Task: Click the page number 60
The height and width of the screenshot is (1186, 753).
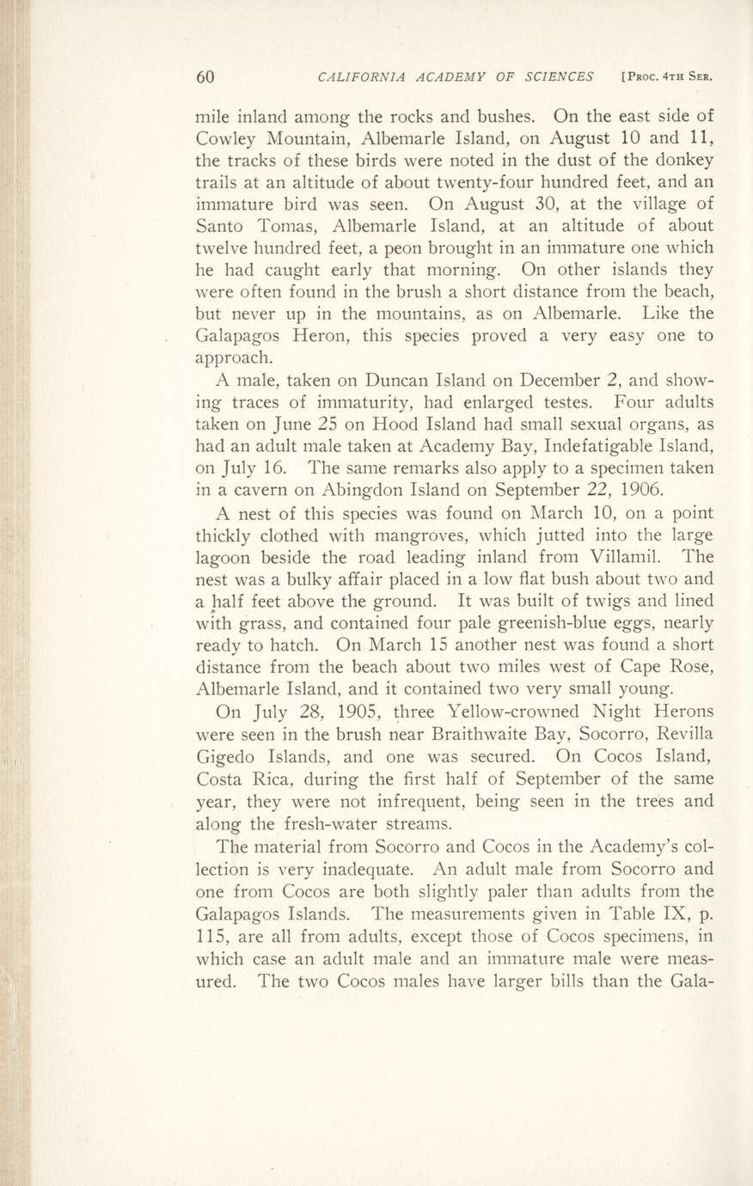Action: (205, 76)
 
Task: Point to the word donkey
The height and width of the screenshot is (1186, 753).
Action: (677, 161)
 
